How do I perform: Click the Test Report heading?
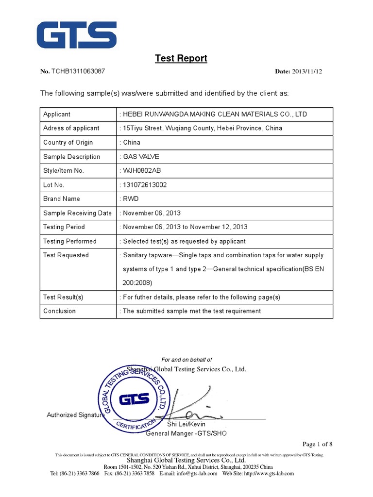coord(181,58)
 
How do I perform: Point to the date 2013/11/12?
coord(307,71)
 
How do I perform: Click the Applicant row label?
coord(57,115)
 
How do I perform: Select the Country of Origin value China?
coord(132,143)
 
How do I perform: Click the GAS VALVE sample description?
coord(141,157)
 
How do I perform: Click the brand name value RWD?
coord(131,199)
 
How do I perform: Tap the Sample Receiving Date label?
coord(77,213)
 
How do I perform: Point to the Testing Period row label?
coord(64,227)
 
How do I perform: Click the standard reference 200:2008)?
coord(137,282)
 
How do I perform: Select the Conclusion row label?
coord(59,311)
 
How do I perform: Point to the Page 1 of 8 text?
coord(317,444)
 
